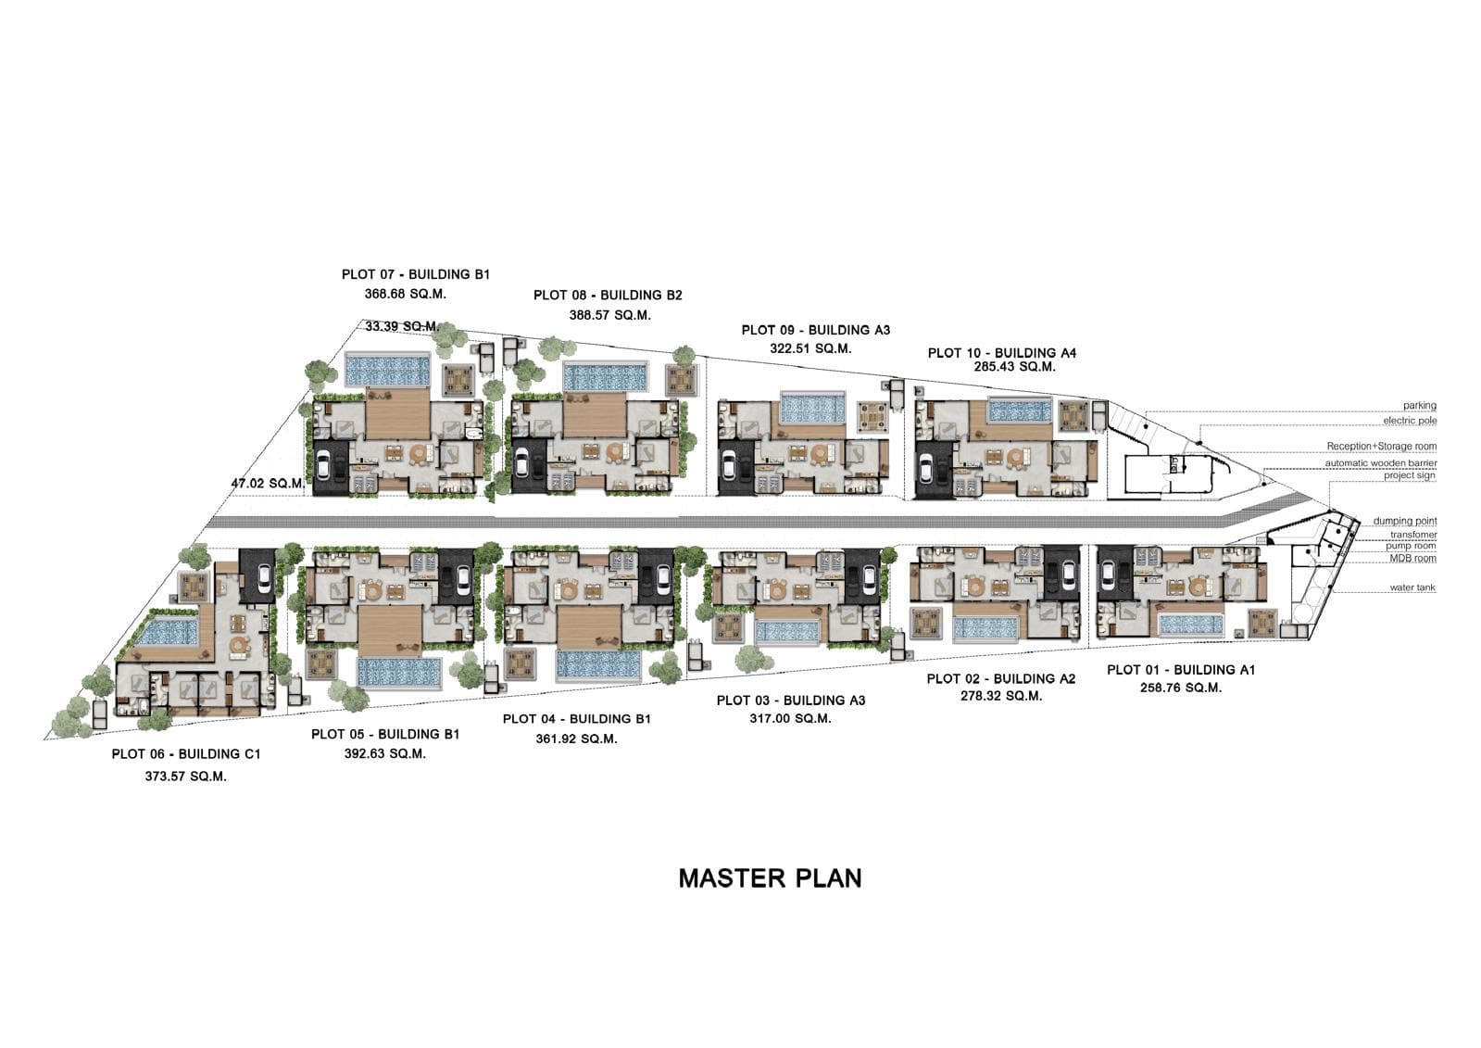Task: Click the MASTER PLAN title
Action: [770, 878]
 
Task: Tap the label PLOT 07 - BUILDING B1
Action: [415, 274]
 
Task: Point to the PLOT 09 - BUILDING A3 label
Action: [815, 330]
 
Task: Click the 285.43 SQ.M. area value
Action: [1014, 367]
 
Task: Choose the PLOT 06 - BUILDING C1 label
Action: [186, 754]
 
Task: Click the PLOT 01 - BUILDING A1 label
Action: [1180, 670]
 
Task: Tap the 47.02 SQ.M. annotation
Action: [268, 484]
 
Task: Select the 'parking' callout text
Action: [1419, 406]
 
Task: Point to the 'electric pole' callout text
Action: [1410, 422]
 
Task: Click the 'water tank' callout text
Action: [1412, 588]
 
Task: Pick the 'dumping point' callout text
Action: [1405, 522]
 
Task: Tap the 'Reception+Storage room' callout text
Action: [1381, 447]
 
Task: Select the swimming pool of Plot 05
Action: [399, 672]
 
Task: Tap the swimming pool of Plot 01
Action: [1190, 625]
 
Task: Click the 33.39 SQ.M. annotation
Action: [401, 326]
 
